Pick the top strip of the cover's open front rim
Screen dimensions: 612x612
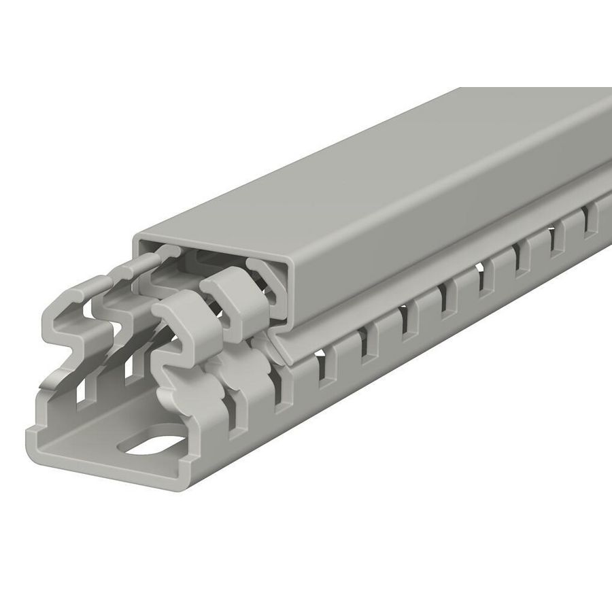pos(211,248)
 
